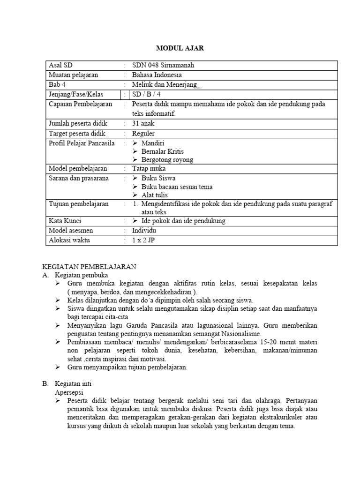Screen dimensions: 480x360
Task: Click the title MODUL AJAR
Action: click(x=180, y=48)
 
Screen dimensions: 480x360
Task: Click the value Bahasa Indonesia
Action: click(x=157, y=75)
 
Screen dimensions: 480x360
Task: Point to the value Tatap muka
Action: click(x=149, y=168)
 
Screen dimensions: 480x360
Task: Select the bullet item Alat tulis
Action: click(x=154, y=195)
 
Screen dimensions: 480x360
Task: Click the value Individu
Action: click(x=145, y=230)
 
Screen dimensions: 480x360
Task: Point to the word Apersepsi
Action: click(x=69, y=392)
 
